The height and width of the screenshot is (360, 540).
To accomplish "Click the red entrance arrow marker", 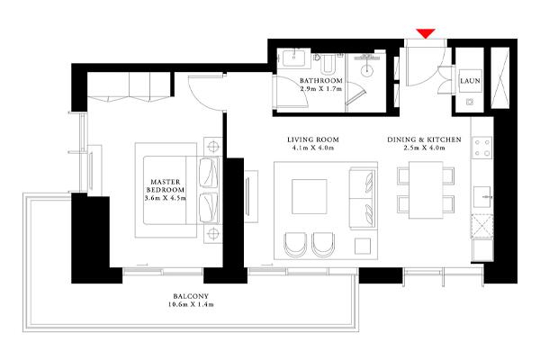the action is [426, 34].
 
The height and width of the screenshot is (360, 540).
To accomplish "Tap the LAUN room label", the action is [470, 81].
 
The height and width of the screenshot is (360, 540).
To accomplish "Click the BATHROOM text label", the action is [321, 81].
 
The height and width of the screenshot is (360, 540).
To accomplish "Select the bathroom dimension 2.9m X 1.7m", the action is [321, 89].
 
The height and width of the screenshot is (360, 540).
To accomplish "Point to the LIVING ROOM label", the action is [313, 139].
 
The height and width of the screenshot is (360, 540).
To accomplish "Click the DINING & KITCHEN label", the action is [424, 139].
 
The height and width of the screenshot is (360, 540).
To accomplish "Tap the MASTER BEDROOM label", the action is [166, 185].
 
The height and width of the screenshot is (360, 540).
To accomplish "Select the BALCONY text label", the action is [191, 296].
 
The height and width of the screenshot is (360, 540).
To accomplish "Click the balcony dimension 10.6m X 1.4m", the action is [191, 304].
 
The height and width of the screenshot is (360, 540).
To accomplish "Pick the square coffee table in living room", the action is [310, 196].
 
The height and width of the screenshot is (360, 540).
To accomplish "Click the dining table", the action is [426, 190].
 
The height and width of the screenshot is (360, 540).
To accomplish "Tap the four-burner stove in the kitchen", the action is [482, 148].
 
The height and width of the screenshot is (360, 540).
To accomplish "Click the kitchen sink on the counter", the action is [482, 197].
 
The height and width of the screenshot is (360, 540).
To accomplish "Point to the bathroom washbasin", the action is [293, 58].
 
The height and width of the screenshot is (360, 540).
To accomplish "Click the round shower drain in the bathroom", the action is [367, 70].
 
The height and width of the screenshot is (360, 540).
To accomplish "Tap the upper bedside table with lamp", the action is [213, 147].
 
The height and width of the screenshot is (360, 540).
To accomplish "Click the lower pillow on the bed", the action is [209, 208].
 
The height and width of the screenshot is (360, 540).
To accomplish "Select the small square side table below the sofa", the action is [363, 246].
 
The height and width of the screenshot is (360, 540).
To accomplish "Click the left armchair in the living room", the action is [295, 245].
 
